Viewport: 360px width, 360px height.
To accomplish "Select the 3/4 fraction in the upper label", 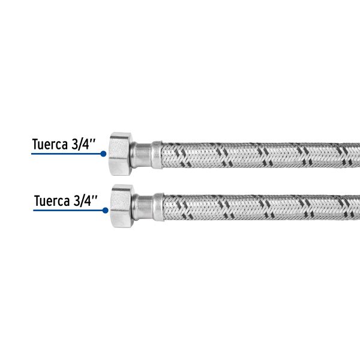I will pos(80,145).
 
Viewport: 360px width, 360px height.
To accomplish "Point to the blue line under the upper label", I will pos(66,154).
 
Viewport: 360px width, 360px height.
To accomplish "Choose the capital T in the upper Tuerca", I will pos(35,145).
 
